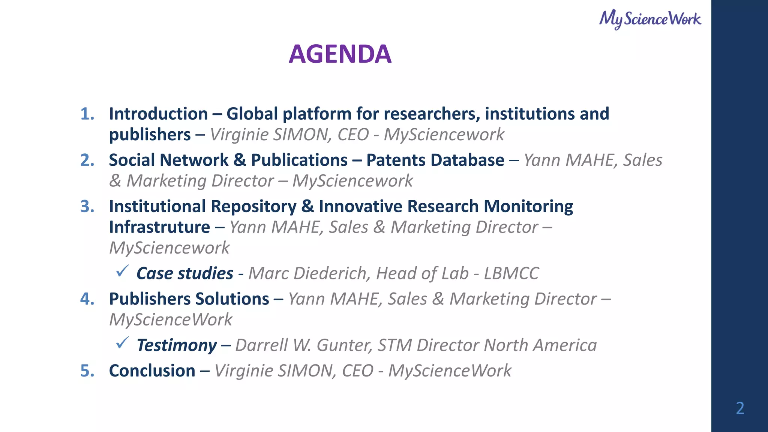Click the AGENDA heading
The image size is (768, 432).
[x=340, y=54]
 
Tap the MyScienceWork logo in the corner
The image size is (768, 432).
[x=650, y=19]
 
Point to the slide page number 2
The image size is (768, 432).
[x=740, y=408]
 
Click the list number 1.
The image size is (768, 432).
[x=87, y=114]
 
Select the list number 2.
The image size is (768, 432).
[x=87, y=160]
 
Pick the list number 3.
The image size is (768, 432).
[x=87, y=207]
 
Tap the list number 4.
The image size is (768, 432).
[x=87, y=299]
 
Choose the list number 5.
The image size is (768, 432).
[x=87, y=371]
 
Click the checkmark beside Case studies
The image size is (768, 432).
[x=122, y=271]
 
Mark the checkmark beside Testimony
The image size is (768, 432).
[x=122, y=342]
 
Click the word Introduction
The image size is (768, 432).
[x=158, y=114]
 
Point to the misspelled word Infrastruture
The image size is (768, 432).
[x=159, y=227]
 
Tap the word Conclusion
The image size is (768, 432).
[x=152, y=371]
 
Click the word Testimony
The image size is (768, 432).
[x=177, y=345]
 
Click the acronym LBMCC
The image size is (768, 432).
[x=511, y=273]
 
